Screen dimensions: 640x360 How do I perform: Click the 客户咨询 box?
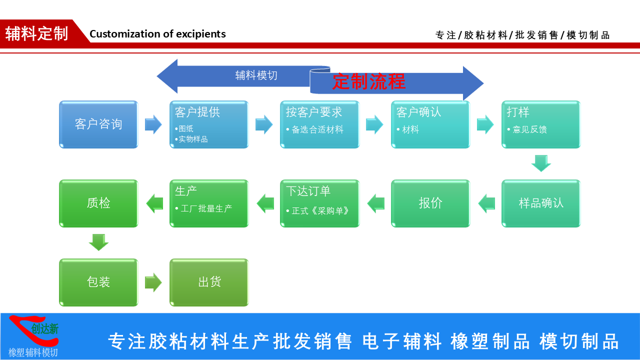coord(98,124)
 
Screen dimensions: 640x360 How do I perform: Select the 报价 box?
coord(430,203)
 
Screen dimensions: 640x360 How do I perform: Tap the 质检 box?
coord(98,203)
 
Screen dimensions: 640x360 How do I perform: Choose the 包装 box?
coord(98,282)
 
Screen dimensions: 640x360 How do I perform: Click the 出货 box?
coord(209,282)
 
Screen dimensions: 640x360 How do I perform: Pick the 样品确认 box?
coord(541,203)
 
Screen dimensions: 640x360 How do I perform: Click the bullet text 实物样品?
coord(193,139)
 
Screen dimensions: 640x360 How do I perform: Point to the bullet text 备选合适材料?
coord(317,129)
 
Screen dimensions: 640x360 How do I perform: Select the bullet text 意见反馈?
coord(529,129)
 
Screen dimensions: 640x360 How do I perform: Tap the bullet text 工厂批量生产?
coord(206,208)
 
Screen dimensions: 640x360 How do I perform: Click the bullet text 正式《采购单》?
coord(320,211)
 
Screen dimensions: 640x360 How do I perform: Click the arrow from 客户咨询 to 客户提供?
coord(153,124)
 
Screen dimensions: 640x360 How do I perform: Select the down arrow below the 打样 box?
coord(541,163)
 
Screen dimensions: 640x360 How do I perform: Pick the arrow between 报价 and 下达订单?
coord(375,203)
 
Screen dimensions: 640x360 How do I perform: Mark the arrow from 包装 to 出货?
coord(153,282)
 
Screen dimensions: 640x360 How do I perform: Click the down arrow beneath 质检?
coord(98,242)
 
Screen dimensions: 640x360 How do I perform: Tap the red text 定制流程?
coord(369,81)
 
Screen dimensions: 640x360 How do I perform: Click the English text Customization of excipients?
coord(157,34)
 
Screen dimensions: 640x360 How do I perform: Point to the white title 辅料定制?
coord(36,33)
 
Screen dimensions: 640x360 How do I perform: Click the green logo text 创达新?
coord(45,329)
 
